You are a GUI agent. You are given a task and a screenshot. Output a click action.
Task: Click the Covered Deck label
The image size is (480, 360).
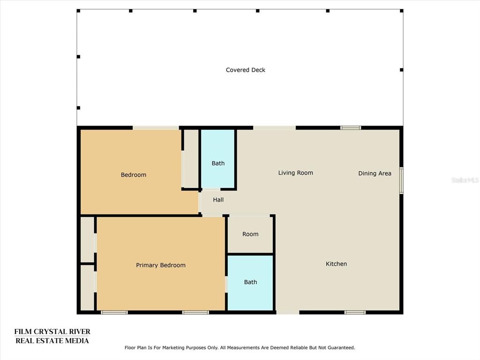point(246,70)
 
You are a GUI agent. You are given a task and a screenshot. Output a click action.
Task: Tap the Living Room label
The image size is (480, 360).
point(295,172)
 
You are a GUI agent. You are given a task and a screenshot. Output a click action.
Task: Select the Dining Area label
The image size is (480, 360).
point(375,173)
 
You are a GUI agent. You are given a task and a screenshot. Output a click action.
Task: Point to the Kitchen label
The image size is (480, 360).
point(336,263)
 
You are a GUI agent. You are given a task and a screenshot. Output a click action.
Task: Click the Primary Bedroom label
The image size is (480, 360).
point(161,265)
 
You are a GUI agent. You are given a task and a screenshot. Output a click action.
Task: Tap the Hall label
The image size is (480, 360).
point(218,200)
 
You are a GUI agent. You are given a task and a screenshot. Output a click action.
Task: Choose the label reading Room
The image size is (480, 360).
point(250,234)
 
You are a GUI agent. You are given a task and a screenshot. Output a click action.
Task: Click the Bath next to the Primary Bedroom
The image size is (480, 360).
point(250,282)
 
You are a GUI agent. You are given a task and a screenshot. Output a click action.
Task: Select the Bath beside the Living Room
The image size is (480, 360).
point(218,163)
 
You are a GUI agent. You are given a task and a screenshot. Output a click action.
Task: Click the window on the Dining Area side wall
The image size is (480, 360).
point(401,180)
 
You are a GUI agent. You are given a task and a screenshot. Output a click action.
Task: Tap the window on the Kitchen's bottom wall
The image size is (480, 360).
point(355,312)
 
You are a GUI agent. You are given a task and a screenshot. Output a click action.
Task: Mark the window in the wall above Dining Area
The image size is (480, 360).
point(351,127)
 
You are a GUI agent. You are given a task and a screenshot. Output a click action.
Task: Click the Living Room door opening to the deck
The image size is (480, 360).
point(274,127)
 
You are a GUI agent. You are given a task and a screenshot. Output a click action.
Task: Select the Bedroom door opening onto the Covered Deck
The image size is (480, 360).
point(156,127)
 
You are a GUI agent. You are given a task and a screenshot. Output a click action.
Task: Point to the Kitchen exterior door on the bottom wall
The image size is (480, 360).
point(288,312)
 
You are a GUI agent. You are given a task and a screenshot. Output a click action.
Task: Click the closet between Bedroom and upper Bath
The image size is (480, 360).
point(191,158)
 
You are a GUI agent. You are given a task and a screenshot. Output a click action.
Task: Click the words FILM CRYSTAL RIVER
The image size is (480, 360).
point(52,331)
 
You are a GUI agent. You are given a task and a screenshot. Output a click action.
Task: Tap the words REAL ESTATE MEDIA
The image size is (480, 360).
point(52,341)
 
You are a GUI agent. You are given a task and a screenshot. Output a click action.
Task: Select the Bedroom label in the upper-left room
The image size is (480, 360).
point(134,175)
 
